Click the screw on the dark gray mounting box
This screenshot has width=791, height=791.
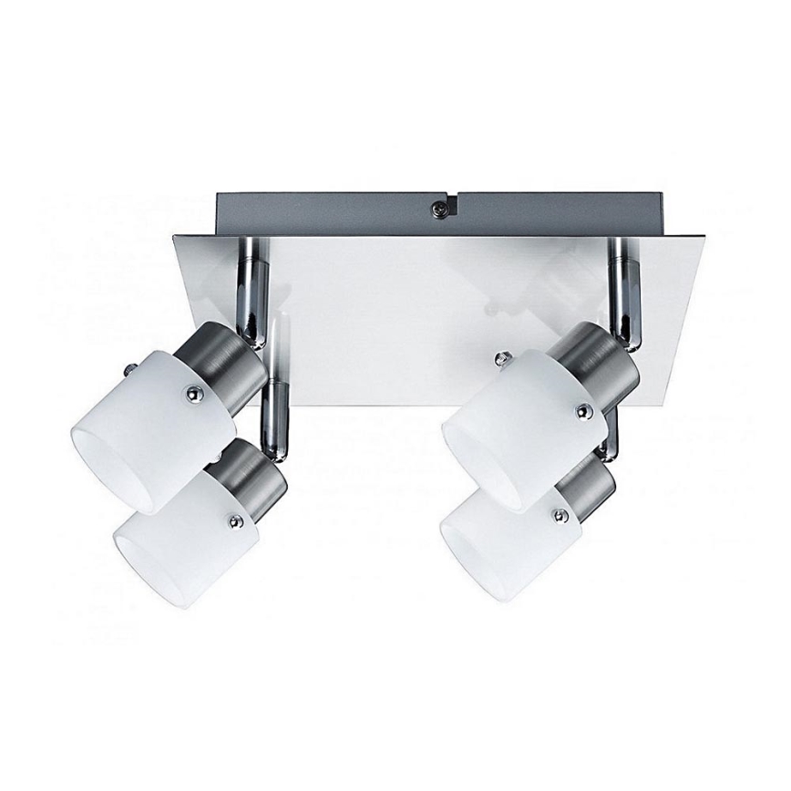pos(439,208)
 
